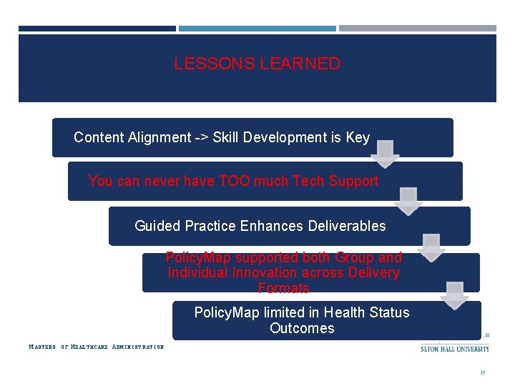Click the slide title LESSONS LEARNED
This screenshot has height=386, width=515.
[x=257, y=64]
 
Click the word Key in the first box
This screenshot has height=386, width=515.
[x=358, y=137]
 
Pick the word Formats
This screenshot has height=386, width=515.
[x=283, y=288]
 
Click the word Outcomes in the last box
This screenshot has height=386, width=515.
[x=302, y=328]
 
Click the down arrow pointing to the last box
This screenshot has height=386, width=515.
[x=455, y=295]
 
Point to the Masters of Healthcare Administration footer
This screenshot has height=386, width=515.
[x=96, y=347]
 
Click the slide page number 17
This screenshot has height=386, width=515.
[x=483, y=373]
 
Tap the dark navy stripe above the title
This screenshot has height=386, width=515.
[x=97, y=29]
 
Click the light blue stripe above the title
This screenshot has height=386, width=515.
[x=257, y=29]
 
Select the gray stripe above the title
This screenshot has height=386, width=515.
[x=417, y=29]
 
